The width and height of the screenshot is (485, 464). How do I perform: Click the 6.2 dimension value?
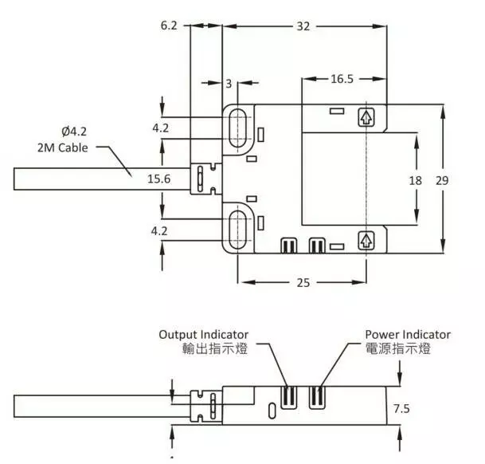point(170,26)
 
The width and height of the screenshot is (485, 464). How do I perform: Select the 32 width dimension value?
point(303,26)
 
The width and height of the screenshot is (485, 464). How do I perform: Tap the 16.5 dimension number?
point(341,79)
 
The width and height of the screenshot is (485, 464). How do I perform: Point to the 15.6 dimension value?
point(159,180)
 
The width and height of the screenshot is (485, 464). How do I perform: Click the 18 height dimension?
point(415,180)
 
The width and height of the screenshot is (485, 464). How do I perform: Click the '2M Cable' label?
point(62,147)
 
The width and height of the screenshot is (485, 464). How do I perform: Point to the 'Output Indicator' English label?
point(204,334)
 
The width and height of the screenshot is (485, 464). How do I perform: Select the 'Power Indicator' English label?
point(408,334)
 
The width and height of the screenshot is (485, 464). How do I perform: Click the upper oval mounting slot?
point(237,128)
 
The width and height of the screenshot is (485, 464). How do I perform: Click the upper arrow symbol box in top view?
point(365,119)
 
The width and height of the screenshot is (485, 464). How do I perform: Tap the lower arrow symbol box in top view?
point(365,240)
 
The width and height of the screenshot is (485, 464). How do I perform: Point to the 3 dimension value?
point(229,84)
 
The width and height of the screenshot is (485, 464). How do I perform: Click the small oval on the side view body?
point(273,411)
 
